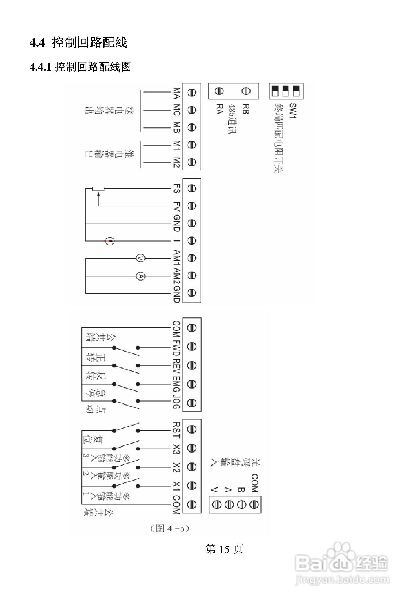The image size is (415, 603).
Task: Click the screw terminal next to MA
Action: (192, 92)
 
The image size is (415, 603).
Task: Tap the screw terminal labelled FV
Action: (192, 206)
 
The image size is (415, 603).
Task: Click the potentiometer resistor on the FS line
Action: (99, 189)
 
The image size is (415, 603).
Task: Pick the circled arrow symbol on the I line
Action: (110, 241)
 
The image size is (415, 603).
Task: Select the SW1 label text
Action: (293, 111)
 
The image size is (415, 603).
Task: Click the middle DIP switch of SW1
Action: (286, 91)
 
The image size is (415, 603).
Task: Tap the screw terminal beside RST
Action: (192, 429)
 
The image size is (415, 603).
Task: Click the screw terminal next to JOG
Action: (192, 403)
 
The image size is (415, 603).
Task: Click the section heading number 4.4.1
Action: (40, 67)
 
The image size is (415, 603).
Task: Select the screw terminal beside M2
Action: (192, 162)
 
